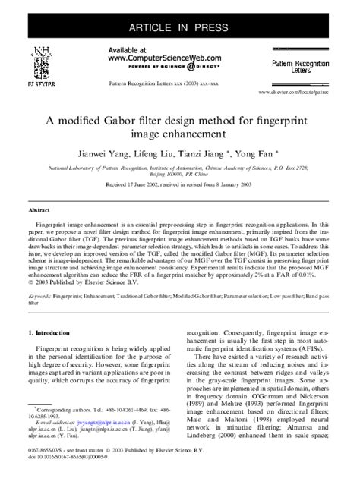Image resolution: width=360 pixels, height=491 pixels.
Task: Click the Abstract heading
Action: [39, 209]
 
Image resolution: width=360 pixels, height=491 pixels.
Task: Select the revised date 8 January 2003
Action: [229, 184]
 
